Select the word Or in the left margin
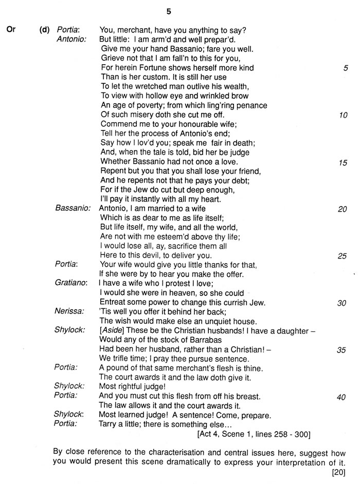[11, 30]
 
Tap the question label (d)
[45, 30]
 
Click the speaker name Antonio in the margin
[71, 39]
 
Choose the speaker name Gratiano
[71, 283]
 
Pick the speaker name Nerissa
[70, 311]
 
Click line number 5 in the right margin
[345, 68]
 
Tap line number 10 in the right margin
[343, 115]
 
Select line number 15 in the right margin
[343, 162]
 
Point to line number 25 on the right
[342, 256]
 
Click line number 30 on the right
[342, 303]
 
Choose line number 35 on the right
[342, 350]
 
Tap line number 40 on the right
[342, 397]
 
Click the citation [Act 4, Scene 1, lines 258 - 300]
[254, 435]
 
